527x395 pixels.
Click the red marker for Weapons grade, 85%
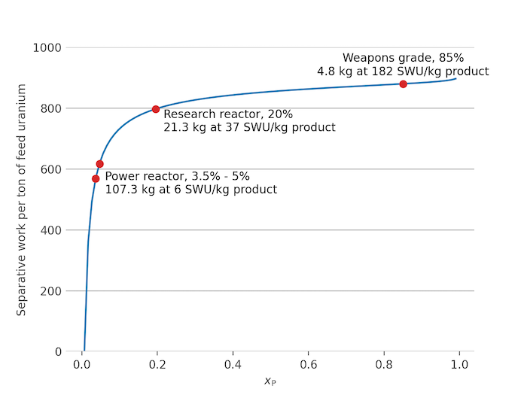point(404,84)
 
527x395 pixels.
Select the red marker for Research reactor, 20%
point(156,109)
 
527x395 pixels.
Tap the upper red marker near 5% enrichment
point(99,164)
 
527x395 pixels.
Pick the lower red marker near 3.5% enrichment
point(96,179)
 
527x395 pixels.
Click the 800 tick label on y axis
point(51,108)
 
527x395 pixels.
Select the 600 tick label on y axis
point(51,169)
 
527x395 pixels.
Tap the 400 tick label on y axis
point(51,230)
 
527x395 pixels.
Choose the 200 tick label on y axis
point(51,291)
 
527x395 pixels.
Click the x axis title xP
point(270,381)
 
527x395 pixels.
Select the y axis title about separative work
point(22,199)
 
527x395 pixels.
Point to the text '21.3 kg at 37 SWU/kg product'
point(249,127)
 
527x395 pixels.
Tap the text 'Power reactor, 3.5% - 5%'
point(177,176)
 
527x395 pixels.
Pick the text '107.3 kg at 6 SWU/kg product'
point(190,190)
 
